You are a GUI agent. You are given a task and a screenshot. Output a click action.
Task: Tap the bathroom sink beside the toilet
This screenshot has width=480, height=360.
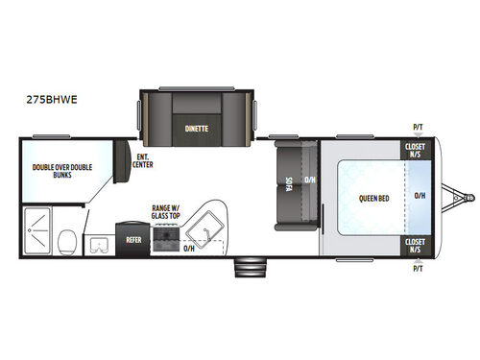point(99,244)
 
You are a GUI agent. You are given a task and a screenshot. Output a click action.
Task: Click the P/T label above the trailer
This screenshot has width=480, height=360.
point(418,128)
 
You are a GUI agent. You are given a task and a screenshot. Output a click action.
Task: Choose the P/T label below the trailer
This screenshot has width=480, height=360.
point(418,269)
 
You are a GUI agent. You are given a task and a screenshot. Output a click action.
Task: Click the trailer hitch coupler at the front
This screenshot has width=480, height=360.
point(468,199)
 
